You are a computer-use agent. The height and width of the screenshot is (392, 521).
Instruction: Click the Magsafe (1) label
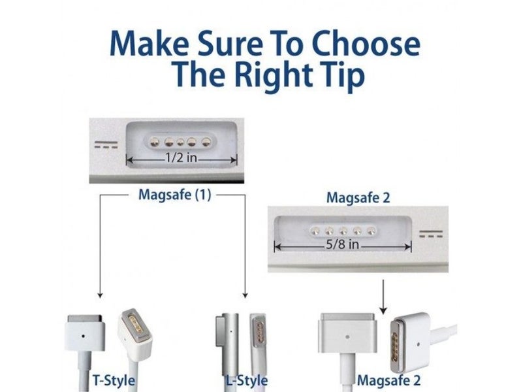[x=175, y=194]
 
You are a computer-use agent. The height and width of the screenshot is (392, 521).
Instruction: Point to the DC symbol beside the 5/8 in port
[x=430, y=233]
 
